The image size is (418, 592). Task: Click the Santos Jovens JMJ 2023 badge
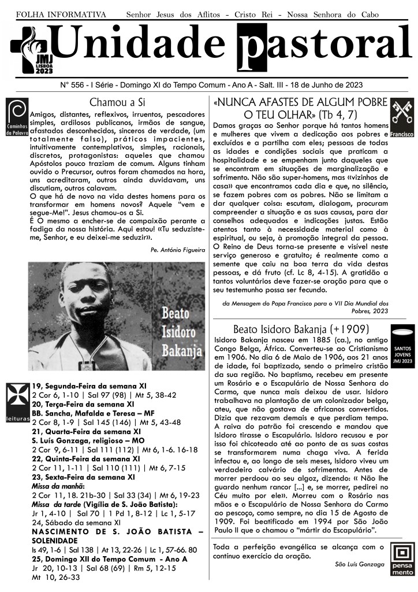402,347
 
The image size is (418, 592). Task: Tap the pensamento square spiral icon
402,558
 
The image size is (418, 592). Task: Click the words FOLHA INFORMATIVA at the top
61,14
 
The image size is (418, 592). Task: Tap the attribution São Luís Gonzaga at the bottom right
359,564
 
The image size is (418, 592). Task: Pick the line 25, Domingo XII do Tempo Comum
97,560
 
